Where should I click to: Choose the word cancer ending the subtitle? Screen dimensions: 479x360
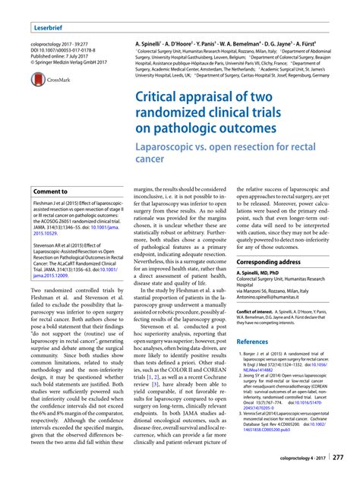pyautogui.click(x=149, y=159)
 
